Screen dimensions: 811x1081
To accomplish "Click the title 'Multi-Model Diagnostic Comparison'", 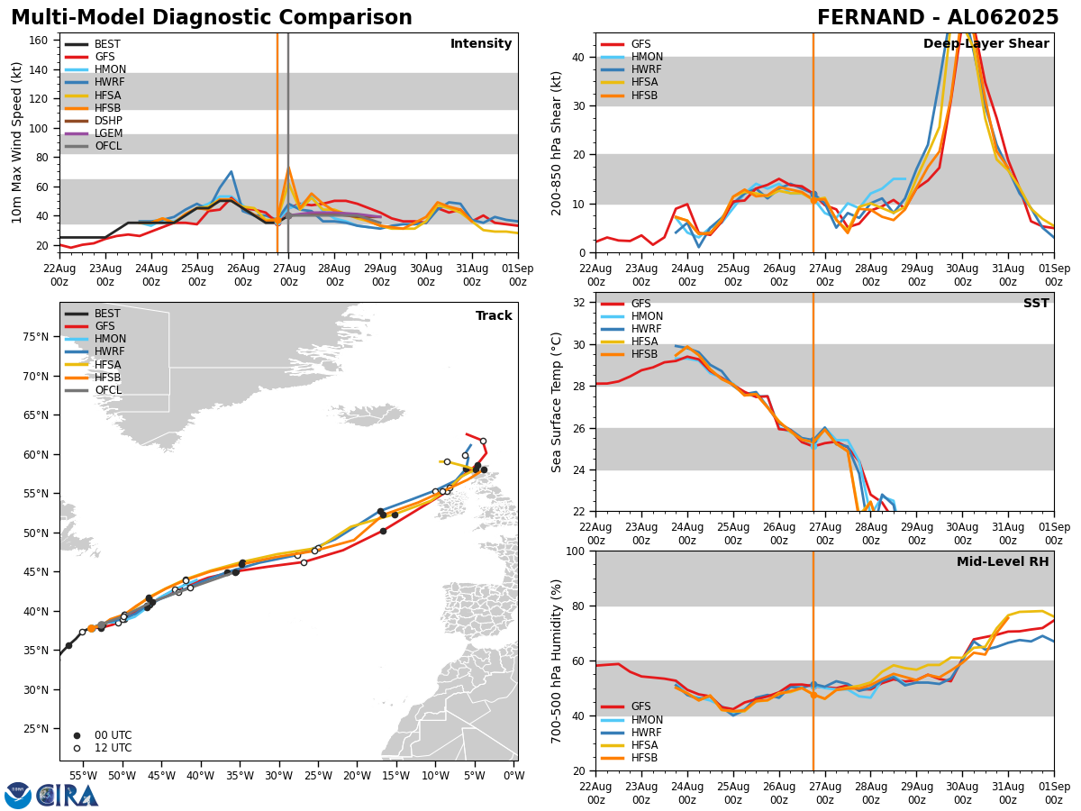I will point(211,18).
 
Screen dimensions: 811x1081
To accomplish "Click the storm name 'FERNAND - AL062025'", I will point(937,18).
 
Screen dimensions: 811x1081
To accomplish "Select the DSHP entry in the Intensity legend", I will point(108,121).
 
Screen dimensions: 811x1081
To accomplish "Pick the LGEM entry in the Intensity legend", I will point(108,133).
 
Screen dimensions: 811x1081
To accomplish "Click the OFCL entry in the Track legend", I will point(108,390).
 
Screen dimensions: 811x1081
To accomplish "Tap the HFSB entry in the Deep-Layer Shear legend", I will point(644,96).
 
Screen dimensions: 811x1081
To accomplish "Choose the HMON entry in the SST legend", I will point(647,316).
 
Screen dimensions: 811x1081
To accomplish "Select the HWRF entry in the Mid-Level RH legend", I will point(647,733).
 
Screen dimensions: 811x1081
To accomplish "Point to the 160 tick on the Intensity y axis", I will point(41,41).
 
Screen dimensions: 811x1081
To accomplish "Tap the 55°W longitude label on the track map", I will point(84,775).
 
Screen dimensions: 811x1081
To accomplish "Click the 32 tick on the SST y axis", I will point(580,303).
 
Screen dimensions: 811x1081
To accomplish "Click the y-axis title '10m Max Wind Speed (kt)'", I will point(16,141).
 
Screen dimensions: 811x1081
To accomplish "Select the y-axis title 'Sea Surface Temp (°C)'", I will point(557,402).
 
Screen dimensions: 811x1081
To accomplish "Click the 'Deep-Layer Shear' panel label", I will point(986,44).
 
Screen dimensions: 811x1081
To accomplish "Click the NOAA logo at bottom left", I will point(18,796).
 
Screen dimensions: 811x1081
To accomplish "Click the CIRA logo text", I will point(68,796).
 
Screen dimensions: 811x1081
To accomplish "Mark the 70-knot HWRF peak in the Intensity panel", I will point(231,171).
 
